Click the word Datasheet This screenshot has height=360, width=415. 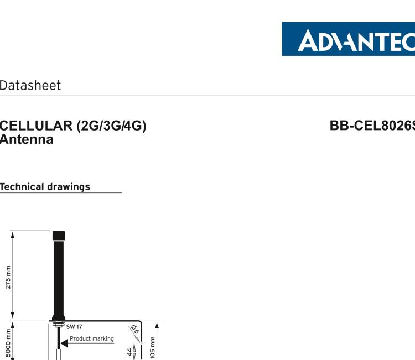click(30, 86)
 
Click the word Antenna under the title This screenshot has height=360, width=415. click(27, 139)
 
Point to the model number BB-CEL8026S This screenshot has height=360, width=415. click(372, 126)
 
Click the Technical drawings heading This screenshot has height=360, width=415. click(45, 187)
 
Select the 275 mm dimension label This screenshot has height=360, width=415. click(8, 277)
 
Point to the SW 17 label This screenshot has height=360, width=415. click(74, 327)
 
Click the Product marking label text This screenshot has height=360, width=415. click(91, 339)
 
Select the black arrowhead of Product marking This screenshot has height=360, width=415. click(64, 343)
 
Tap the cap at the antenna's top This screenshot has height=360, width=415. click(58, 236)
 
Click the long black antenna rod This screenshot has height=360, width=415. click(58, 276)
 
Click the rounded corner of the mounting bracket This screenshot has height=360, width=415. click(140, 322)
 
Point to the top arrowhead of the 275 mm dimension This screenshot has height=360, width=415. click(13, 234)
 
